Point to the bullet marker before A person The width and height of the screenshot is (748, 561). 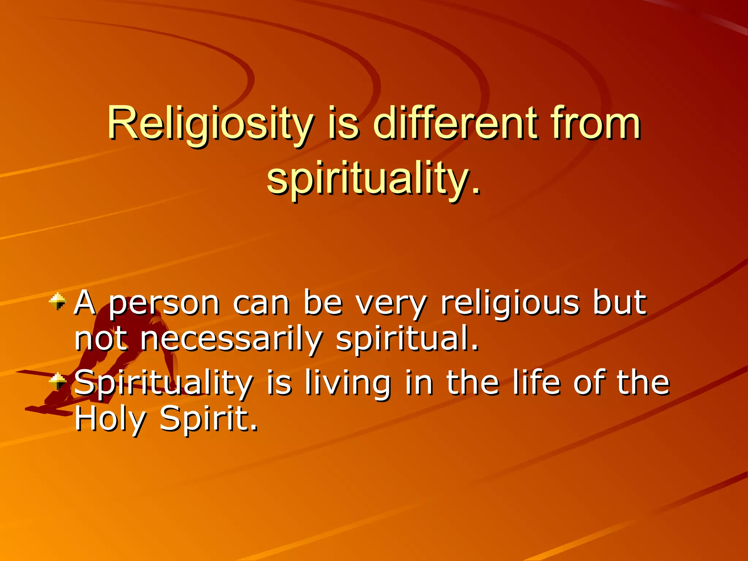click(x=57, y=302)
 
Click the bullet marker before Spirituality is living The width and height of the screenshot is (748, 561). click(x=57, y=382)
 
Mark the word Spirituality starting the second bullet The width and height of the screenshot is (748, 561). click(x=163, y=383)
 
